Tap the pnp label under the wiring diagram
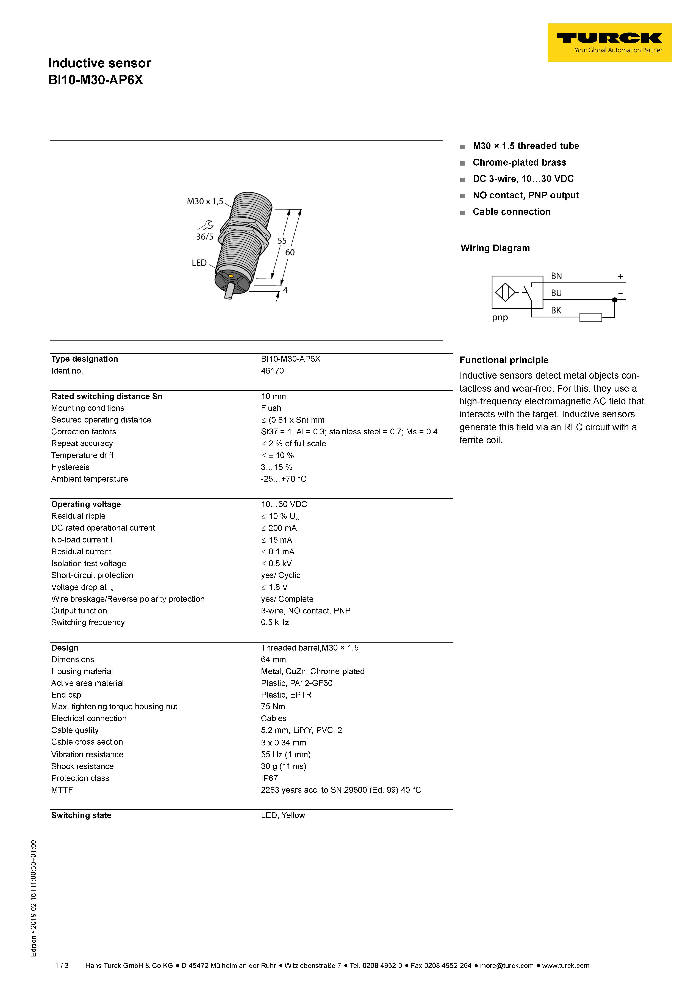500,318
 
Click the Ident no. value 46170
272,371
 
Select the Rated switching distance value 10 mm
273,396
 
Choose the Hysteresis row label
70,467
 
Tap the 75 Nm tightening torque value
273,706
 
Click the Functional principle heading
504,360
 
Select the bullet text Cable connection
512,212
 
